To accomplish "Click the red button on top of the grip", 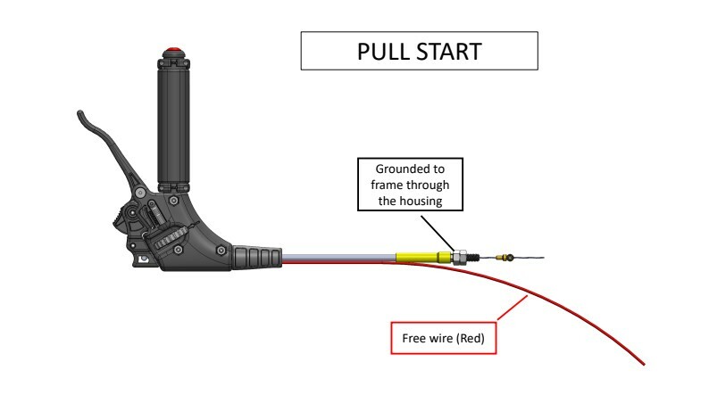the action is click(173, 49).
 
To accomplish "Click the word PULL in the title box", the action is click(384, 52).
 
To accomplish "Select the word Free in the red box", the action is click(413, 338).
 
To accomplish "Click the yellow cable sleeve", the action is click(423, 258).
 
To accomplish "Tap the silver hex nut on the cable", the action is click(459, 258).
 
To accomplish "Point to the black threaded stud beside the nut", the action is click(473, 258).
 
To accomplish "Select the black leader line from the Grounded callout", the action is click(438, 234).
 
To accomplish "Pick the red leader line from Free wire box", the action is click(513, 308).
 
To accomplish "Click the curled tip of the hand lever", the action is click(80, 113).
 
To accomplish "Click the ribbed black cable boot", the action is click(257, 259).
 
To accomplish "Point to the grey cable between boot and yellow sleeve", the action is click(339, 258).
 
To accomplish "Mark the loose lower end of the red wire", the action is click(644, 364).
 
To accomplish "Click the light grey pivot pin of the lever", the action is click(140, 193).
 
